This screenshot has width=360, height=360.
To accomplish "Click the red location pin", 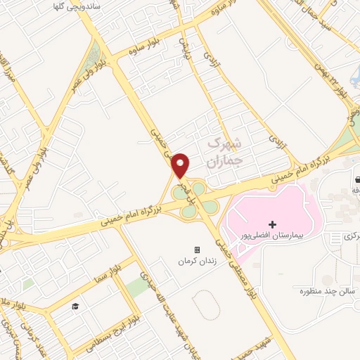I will click(x=181, y=165).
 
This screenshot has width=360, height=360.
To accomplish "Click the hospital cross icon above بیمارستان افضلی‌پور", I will click(x=273, y=224).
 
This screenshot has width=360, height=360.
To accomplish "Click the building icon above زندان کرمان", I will click(x=197, y=250).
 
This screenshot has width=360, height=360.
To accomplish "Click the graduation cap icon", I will click(x=74, y=306).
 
